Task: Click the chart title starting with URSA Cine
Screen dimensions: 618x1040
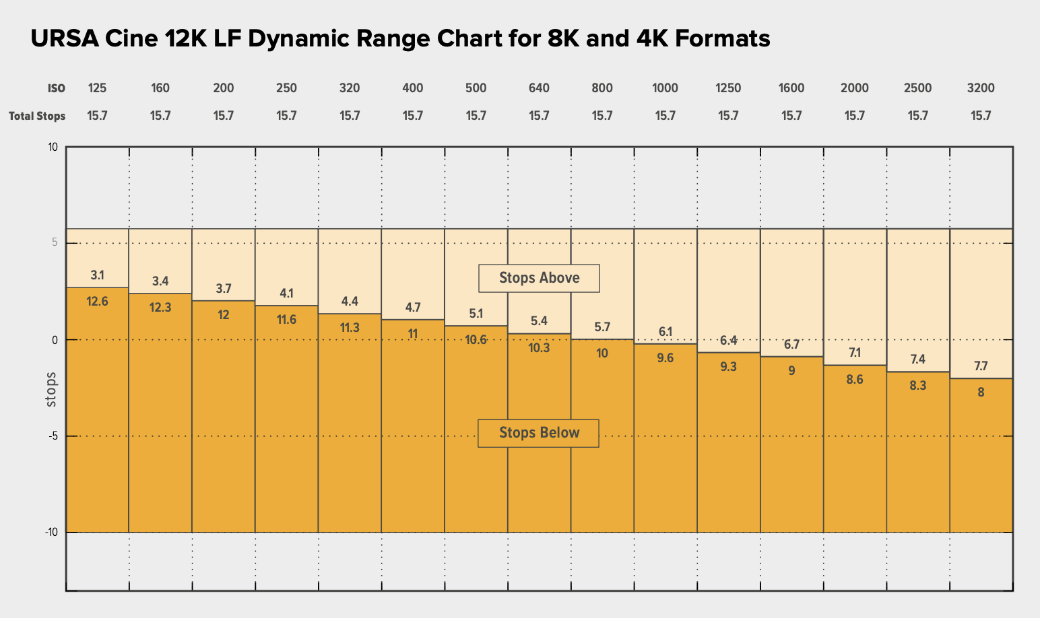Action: click(x=400, y=39)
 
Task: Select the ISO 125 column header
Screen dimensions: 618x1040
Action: click(x=97, y=88)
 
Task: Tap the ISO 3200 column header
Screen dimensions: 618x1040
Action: click(x=981, y=88)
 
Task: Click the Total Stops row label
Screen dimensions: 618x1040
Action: click(x=37, y=116)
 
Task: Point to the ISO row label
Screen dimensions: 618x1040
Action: click(x=57, y=88)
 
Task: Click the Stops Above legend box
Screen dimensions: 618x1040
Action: click(x=539, y=277)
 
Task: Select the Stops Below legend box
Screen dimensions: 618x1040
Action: click(x=539, y=433)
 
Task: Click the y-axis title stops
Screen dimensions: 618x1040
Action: click(x=51, y=389)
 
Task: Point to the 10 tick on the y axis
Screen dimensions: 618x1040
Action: click(x=53, y=147)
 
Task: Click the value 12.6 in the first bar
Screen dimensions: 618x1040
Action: click(x=97, y=302)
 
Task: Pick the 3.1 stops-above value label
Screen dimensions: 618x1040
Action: click(x=97, y=275)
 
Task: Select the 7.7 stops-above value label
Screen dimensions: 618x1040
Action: click(x=981, y=366)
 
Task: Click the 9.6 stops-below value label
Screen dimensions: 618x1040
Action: click(x=665, y=358)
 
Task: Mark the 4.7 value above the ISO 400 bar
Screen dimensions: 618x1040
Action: click(x=413, y=308)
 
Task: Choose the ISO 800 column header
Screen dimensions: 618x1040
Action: click(x=602, y=88)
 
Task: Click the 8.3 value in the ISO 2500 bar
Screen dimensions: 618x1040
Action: click(x=917, y=386)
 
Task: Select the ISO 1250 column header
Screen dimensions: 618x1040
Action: click(x=728, y=88)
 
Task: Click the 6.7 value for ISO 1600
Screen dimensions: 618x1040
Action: click(x=791, y=345)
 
